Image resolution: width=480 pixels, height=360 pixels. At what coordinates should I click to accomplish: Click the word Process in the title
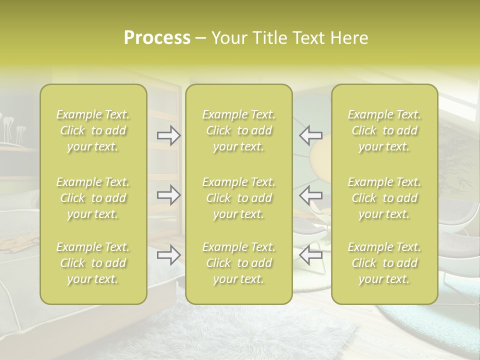(157, 38)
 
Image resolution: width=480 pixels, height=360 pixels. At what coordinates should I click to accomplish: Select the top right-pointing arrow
(168, 135)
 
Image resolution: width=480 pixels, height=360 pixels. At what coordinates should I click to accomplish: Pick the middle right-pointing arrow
(168, 195)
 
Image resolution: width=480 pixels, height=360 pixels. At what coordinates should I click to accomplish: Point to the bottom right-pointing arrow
(168, 255)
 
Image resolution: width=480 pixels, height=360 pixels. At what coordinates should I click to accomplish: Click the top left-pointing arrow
(310, 135)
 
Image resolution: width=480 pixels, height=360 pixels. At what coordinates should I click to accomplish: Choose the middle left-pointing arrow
(310, 195)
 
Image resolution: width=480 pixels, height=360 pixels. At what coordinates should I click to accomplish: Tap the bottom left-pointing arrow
(310, 255)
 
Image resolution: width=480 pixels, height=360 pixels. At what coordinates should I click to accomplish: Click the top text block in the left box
(93, 130)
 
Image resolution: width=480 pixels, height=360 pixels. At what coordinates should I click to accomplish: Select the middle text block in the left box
(93, 198)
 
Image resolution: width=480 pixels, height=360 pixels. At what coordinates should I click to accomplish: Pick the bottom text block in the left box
(93, 263)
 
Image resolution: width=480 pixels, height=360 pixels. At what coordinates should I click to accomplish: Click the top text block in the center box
(238, 130)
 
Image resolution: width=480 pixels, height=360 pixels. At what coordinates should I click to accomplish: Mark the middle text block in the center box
(238, 198)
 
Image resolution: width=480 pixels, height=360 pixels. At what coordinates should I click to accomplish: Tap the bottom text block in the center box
(238, 263)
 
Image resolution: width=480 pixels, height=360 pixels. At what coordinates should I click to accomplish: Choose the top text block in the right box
(384, 130)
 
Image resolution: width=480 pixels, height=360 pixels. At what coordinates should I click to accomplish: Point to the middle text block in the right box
(384, 198)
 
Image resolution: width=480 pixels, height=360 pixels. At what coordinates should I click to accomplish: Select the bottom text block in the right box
(384, 263)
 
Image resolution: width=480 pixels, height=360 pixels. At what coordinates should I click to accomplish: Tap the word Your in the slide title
(228, 38)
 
